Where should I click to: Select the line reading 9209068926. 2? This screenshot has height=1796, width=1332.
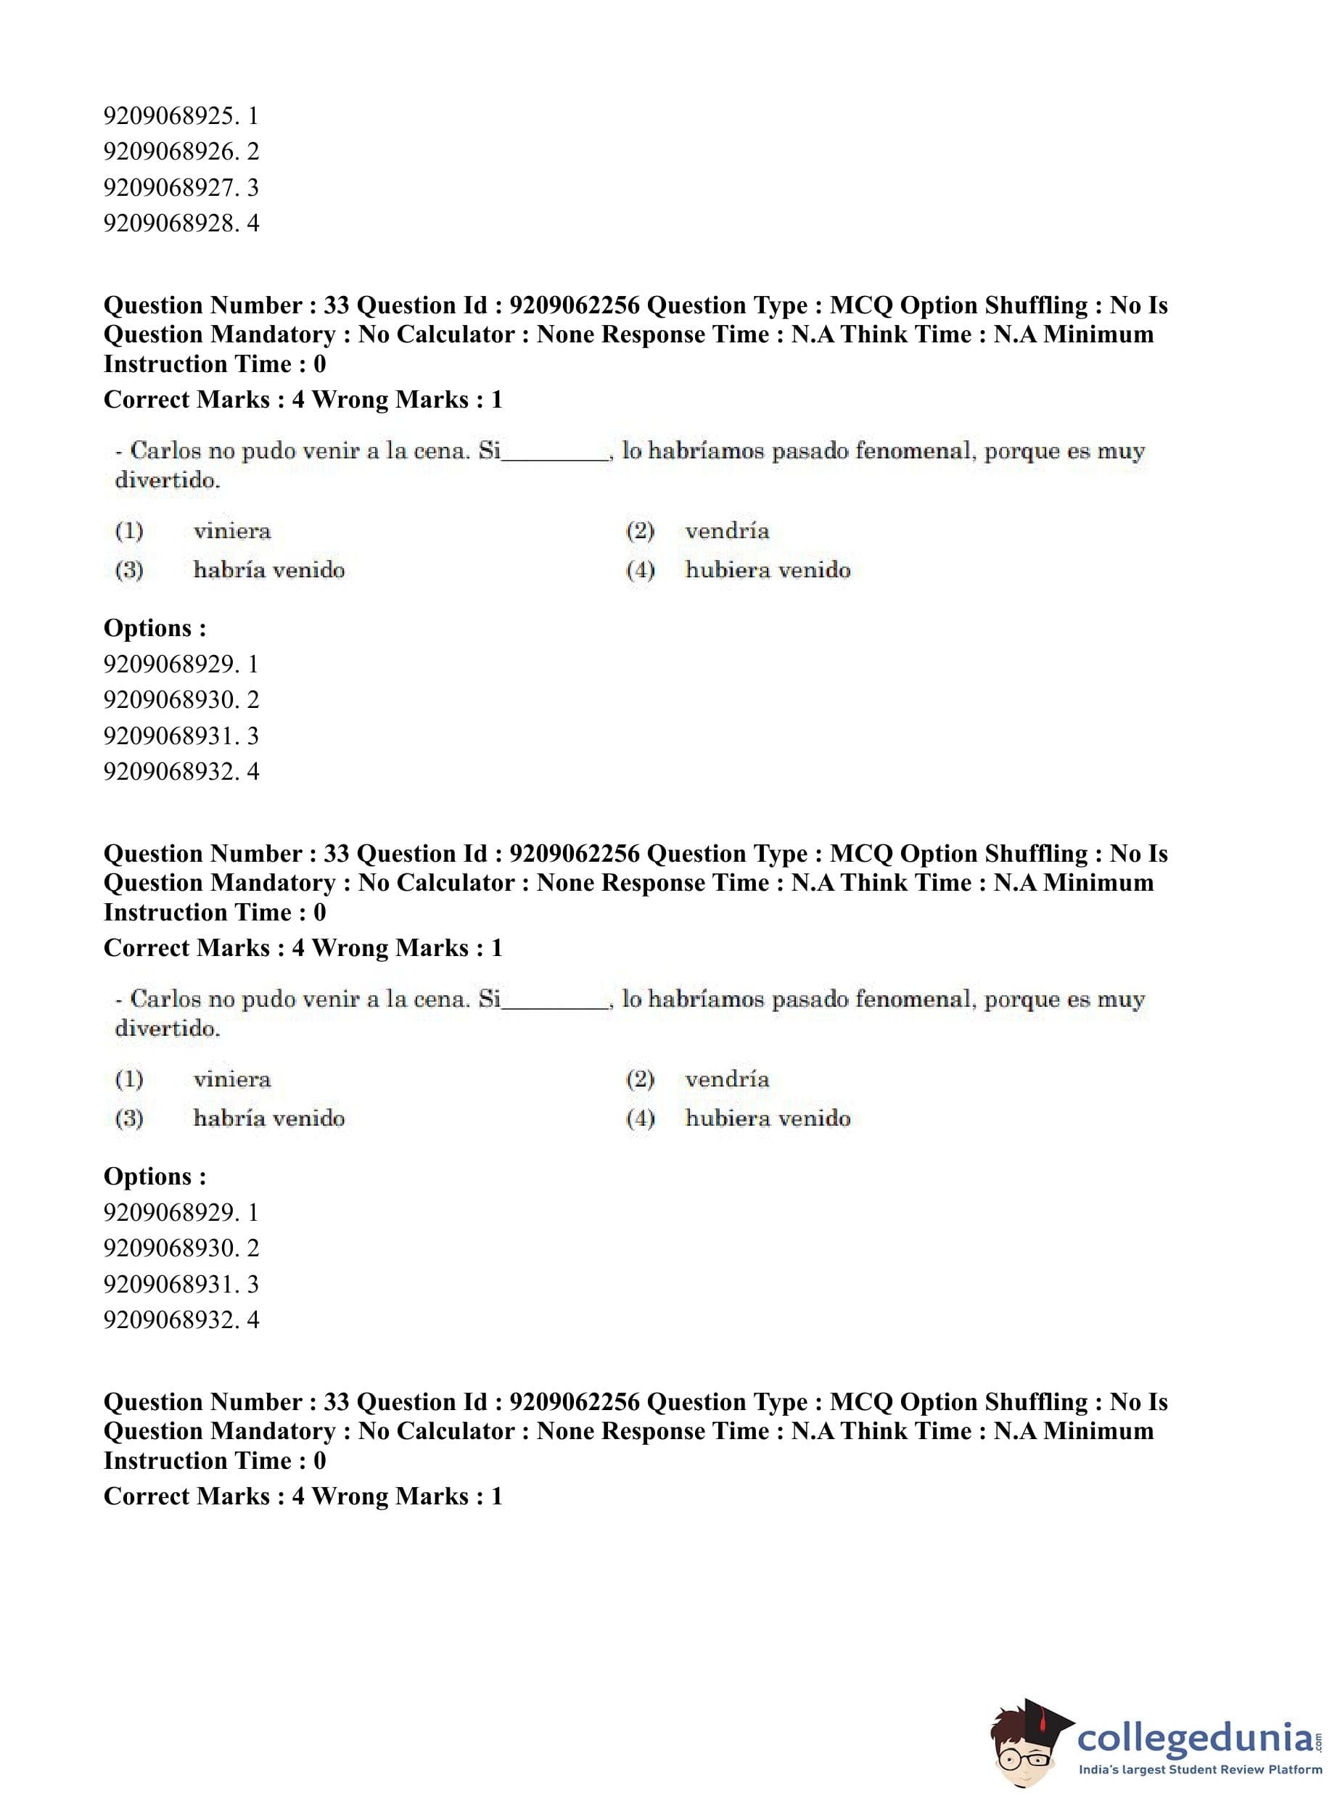pyautogui.click(x=181, y=152)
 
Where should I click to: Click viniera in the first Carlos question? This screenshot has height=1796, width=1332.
pyautogui.click(x=232, y=531)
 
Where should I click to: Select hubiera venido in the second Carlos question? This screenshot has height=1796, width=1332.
pyautogui.click(x=768, y=1118)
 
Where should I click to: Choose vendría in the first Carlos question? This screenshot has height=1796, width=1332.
pyautogui.click(x=726, y=531)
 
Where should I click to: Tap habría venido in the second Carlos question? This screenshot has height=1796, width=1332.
pyautogui.click(x=268, y=1118)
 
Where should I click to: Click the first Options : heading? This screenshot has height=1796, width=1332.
pyautogui.click(x=155, y=628)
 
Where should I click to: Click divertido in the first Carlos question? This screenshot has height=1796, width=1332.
pyautogui.click(x=167, y=481)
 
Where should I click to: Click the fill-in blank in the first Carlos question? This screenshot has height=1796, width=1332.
pyautogui.click(x=555, y=453)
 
